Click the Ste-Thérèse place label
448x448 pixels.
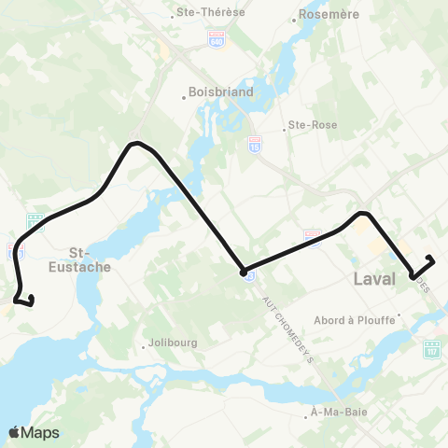203,14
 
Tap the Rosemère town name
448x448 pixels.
322,15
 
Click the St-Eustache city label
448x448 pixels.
91,259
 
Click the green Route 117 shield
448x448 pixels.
431,349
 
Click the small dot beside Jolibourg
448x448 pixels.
143,346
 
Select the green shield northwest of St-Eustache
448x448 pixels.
35,221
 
